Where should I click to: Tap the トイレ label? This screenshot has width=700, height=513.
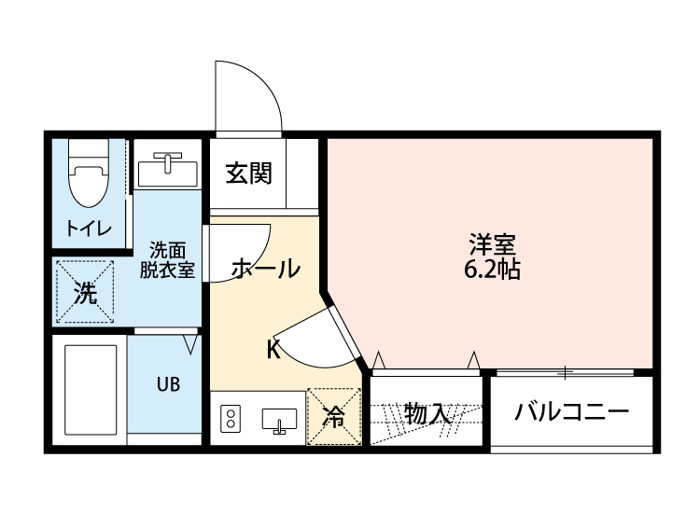(x=89, y=229)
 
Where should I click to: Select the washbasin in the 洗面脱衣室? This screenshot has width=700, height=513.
(x=168, y=171)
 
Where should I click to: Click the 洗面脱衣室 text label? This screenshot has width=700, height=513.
(x=168, y=260)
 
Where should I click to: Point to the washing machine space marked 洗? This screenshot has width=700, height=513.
(x=85, y=293)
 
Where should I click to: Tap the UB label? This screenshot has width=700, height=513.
(x=168, y=384)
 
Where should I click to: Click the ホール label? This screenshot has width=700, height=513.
(x=265, y=269)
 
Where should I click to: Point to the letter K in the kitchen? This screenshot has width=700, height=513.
(x=273, y=350)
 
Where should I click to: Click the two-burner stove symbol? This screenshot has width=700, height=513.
(x=231, y=421)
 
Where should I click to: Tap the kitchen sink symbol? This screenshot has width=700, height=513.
(x=279, y=421)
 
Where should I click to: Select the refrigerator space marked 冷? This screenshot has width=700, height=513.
(x=333, y=417)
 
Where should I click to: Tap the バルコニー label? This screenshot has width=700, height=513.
(x=571, y=412)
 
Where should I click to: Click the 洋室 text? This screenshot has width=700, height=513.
(x=493, y=245)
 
